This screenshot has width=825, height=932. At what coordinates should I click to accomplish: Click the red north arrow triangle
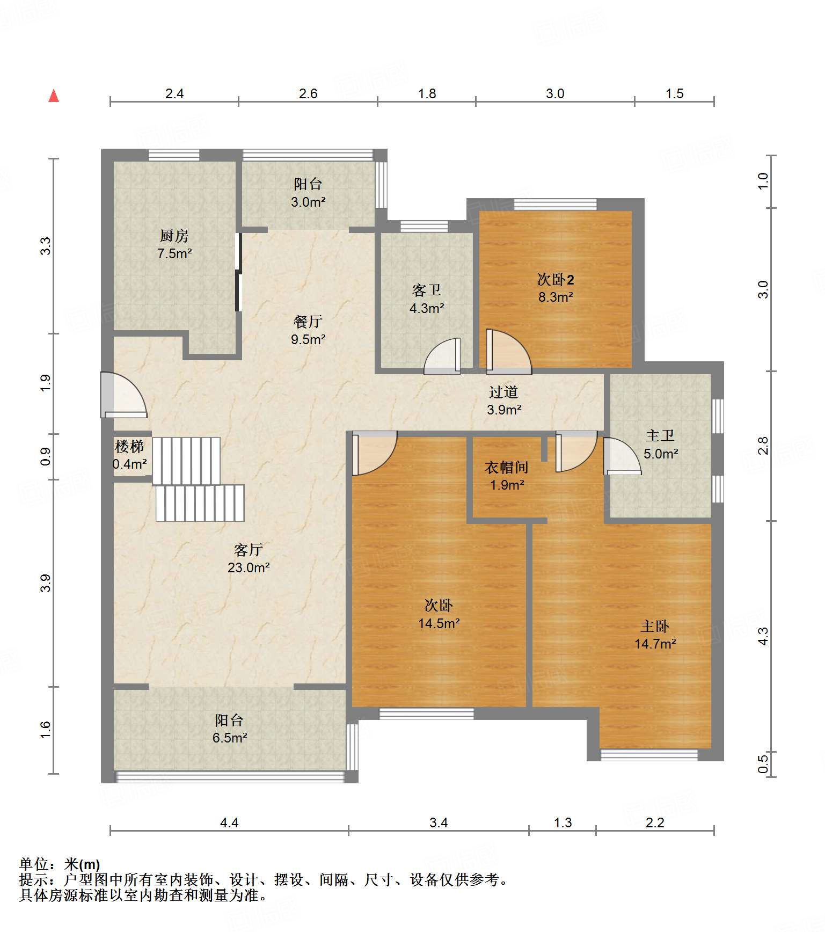[x=54, y=96]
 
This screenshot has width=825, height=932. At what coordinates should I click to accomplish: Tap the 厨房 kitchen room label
[x=174, y=236]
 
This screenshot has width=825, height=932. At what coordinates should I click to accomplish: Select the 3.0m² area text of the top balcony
[x=308, y=202]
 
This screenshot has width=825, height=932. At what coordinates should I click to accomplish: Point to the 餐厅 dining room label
[x=308, y=322]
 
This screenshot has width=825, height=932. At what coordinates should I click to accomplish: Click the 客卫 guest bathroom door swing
[x=442, y=355]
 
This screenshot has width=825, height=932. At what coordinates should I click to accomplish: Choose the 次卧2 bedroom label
[x=556, y=280]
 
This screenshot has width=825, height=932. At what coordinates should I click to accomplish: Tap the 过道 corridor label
[x=503, y=392]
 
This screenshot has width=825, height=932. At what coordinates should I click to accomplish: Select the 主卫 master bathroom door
[x=623, y=456]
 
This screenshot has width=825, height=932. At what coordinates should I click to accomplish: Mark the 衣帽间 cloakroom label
[x=507, y=467]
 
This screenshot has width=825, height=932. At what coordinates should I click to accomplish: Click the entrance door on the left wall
[x=123, y=395]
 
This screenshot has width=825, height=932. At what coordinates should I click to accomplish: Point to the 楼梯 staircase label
[x=129, y=446]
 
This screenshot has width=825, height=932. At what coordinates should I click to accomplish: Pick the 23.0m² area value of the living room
[x=249, y=567]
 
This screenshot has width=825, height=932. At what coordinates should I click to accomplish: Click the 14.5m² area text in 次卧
[x=439, y=623]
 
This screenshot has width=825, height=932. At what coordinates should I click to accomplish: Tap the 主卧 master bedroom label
[x=655, y=626]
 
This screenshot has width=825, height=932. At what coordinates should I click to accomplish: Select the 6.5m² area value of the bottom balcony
[x=230, y=738]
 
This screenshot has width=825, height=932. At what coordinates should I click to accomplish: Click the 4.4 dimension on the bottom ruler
[x=229, y=822]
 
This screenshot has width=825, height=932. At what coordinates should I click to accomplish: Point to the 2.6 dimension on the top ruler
[x=308, y=93]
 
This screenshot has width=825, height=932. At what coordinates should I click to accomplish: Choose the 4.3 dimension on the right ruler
[x=763, y=636]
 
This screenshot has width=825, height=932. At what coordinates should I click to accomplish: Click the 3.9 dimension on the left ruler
[x=46, y=583]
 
